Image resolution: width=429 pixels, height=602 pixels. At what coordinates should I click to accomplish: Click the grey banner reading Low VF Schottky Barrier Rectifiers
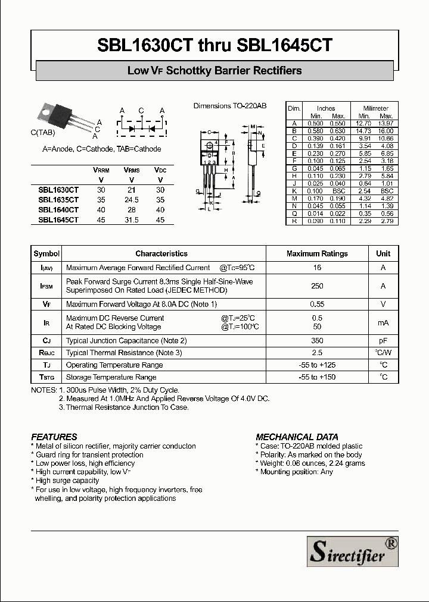(x=214, y=71)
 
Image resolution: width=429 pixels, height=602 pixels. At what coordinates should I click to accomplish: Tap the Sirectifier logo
(x=352, y=551)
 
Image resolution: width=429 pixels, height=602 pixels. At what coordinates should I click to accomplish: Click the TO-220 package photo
(x=58, y=117)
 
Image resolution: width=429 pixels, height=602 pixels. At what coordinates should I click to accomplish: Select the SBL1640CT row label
(x=58, y=210)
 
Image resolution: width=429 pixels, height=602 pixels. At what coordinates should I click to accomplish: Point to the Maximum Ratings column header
(x=317, y=253)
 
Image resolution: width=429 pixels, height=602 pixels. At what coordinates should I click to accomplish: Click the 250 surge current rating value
(x=317, y=286)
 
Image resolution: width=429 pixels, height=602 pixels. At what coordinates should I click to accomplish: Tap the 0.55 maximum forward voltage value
(x=317, y=304)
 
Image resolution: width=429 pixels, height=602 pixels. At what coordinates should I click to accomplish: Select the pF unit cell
(x=383, y=341)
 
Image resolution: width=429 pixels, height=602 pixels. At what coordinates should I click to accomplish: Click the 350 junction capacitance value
(x=317, y=341)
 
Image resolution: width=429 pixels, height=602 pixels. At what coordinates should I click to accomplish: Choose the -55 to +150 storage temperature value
(x=317, y=377)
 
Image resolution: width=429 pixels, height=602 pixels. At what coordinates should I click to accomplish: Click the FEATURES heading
(x=54, y=437)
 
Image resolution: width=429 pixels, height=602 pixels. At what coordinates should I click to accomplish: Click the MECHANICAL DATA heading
(x=297, y=437)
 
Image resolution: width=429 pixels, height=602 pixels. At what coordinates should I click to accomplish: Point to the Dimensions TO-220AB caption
(x=230, y=106)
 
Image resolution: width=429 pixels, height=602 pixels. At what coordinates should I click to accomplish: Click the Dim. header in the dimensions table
(x=294, y=108)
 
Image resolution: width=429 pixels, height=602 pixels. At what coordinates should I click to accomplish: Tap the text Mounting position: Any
(x=296, y=472)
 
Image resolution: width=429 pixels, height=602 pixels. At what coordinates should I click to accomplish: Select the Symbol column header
(x=46, y=253)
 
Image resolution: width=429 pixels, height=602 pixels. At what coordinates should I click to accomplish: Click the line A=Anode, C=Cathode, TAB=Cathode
(x=102, y=149)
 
